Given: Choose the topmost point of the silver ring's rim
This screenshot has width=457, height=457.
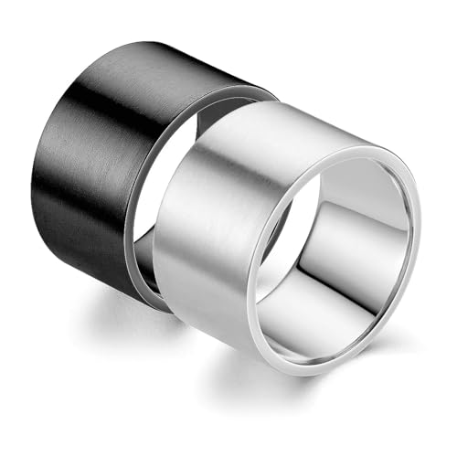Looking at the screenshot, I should point(366,146).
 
